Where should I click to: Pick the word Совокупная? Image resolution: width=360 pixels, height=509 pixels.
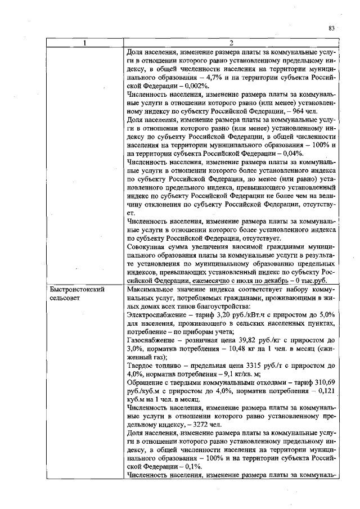[x=148, y=247]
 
